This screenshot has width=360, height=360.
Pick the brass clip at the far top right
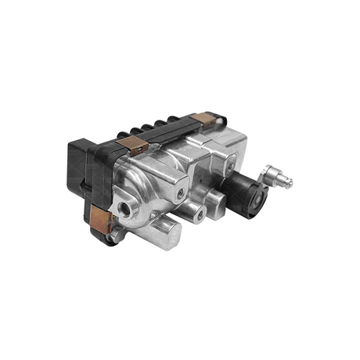tap(208, 119)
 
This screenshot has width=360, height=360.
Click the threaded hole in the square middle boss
tap(181, 188)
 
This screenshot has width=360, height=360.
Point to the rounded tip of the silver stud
tap(289, 183)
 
